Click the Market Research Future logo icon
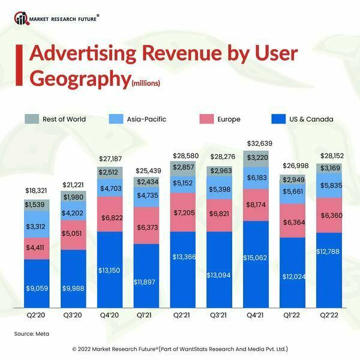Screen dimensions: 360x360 pyautogui.click(x=22, y=18)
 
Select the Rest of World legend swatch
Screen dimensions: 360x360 pyautogui.click(x=32, y=119)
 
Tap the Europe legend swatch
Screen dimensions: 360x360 pyautogui.click(x=208, y=119)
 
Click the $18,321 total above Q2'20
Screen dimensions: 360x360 pyautogui.click(x=37, y=190)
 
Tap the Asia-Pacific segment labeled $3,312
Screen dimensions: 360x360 pyautogui.click(x=37, y=227)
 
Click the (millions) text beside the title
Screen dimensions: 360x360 pyautogui.click(x=146, y=83)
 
